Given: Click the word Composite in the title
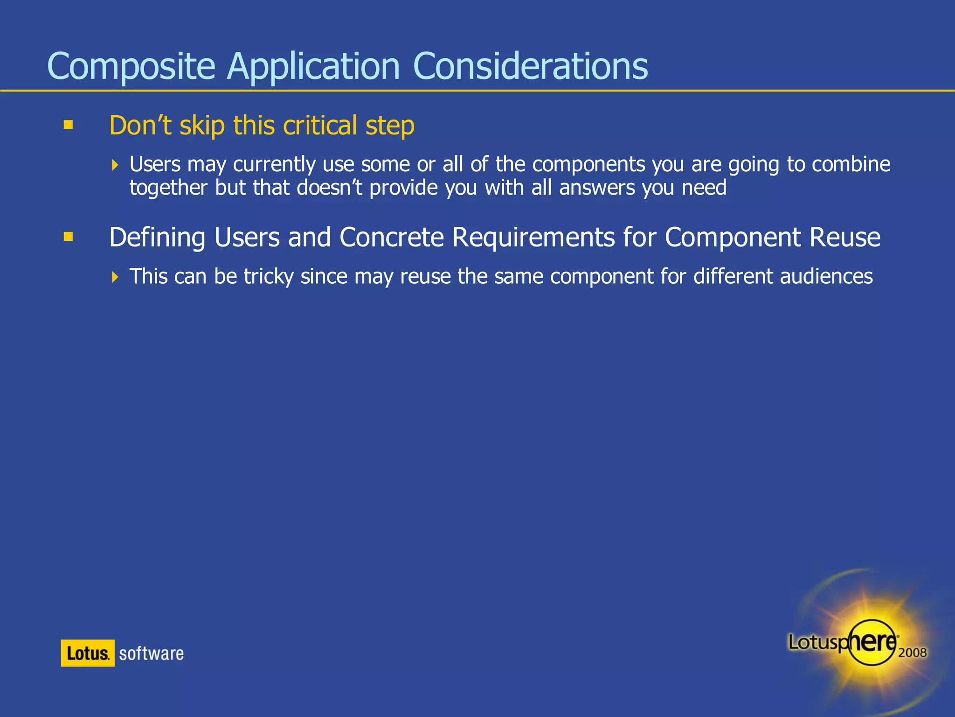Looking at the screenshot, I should pyautogui.click(x=131, y=67).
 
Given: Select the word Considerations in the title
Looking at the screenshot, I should pyautogui.click(x=530, y=67).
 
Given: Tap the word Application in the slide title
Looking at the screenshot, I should pyautogui.click(x=313, y=67).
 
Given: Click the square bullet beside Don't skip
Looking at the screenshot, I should pyautogui.click(x=69, y=125).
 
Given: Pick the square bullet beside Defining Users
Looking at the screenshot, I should pyautogui.click(x=69, y=237).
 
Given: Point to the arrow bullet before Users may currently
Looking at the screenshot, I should pyautogui.click(x=115, y=165).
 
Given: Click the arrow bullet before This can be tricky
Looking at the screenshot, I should pyautogui.click(x=115, y=277).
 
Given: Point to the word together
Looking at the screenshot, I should pyautogui.click(x=168, y=188).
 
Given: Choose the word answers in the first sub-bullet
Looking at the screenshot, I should pyautogui.click(x=597, y=188).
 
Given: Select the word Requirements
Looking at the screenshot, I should pyautogui.click(x=533, y=237).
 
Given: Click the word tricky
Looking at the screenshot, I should pyautogui.click(x=269, y=276).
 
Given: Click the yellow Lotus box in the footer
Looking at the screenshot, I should pyautogui.click(x=88, y=653).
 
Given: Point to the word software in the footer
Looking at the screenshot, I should pyautogui.click(x=151, y=654).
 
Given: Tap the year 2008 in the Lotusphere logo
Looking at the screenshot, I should pyautogui.click(x=912, y=652).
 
